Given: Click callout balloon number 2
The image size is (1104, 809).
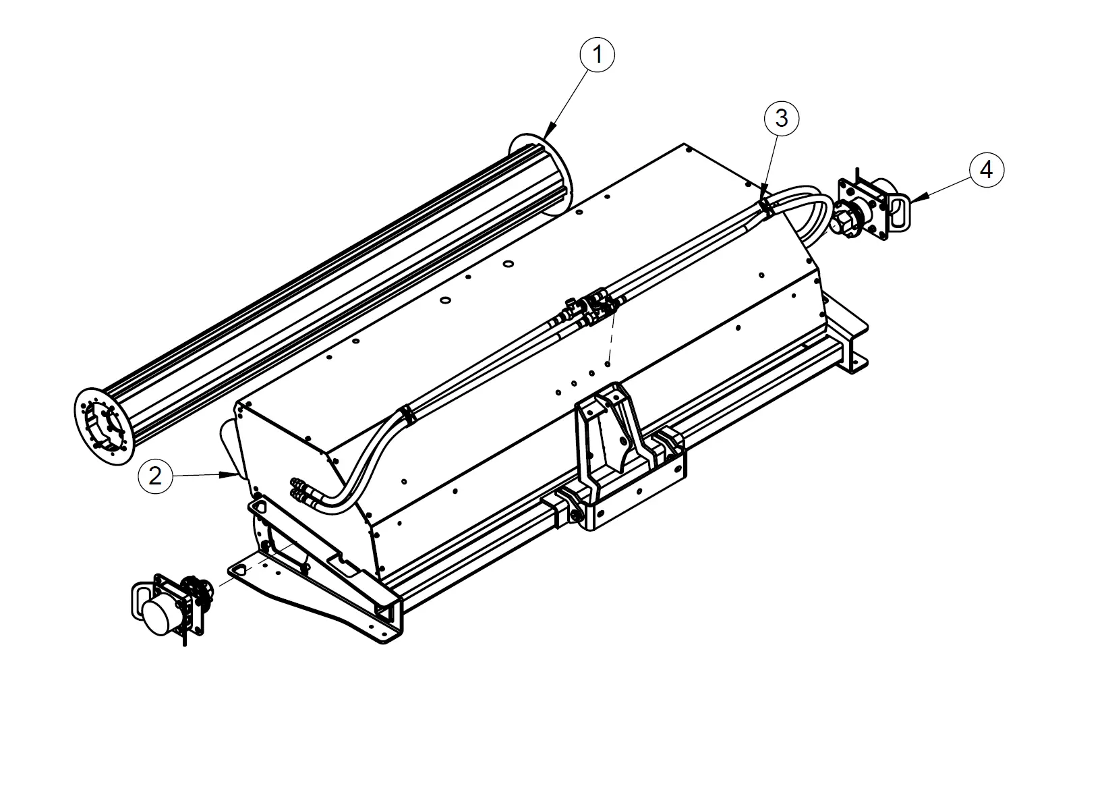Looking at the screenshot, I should (155, 476).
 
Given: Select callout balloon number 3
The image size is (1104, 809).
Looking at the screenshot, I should (781, 119).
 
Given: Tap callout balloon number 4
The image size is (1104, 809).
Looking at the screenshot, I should (986, 170).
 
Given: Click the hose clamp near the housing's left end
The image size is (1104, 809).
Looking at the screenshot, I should (407, 416).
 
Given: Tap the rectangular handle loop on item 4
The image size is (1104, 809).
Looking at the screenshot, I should (898, 211).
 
